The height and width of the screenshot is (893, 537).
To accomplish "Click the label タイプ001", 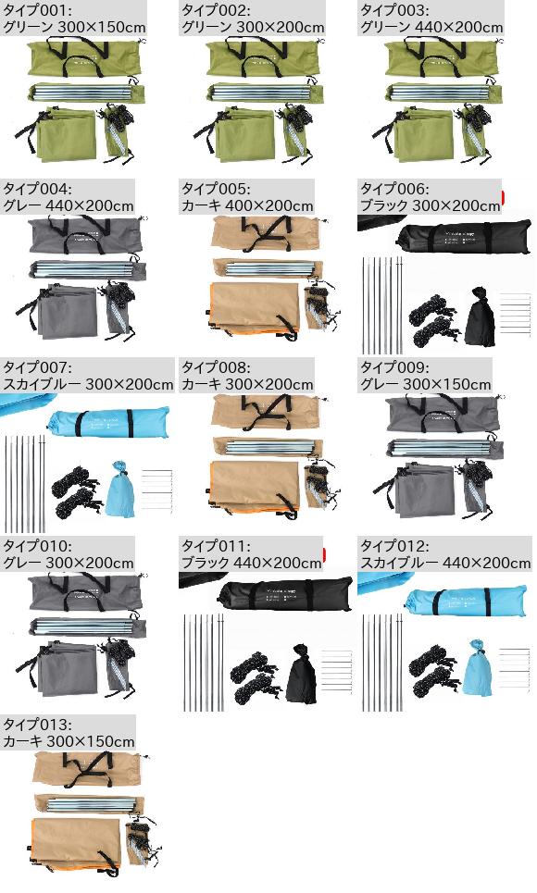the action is pyautogui.click(x=37, y=9).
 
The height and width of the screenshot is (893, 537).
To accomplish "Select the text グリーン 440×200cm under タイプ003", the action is pyautogui.click(x=431, y=27).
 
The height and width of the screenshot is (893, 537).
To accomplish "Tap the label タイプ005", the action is pyautogui.click(x=216, y=189).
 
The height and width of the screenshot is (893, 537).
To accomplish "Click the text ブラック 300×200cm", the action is pyautogui.click(x=430, y=205).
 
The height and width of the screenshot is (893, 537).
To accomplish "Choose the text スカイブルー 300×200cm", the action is pyautogui.click(x=88, y=384).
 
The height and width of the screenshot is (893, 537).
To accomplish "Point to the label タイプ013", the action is pyautogui.click(x=38, y=725).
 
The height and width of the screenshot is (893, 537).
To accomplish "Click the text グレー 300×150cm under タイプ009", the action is pyautogui.click(x=425, y=384).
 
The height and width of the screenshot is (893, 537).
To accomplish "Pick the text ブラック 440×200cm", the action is pyautogui.click(x=252, y=563).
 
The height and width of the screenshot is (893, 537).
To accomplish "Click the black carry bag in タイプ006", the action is pyautogui.click(x=464, y=239).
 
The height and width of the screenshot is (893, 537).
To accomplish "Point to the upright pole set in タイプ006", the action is pyautogui.click(x=382, y=305).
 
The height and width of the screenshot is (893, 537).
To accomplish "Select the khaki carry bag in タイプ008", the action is pyautogui.click(x=267, y=411).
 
